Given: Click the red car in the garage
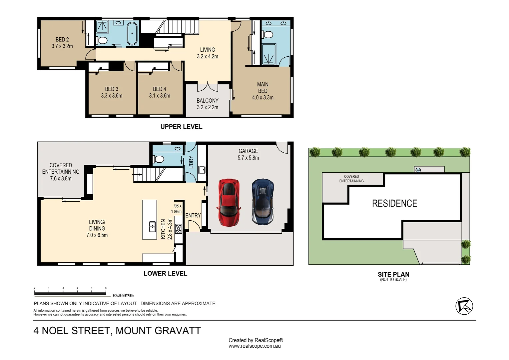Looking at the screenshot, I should tap(229, 203).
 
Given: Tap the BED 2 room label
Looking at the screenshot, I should tap(62, 40).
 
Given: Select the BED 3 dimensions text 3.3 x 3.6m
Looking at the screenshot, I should tap(112, 96).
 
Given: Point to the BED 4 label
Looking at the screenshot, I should tap(160, 89).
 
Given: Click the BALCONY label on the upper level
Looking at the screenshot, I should tap(208, 101).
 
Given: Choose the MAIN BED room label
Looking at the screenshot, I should tap(263, 88).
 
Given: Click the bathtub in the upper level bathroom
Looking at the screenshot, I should tap(132, 33).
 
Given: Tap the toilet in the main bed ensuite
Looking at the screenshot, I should tap(267, 35).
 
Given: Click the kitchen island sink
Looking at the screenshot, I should tap(152, 227).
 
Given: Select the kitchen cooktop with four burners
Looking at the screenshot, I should tap(179, 228).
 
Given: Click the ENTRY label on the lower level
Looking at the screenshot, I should tap(193, 216).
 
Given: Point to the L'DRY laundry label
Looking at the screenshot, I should tap(191, 162).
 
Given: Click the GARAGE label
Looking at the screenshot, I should tap(248, 151).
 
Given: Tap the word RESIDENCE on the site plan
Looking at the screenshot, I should tap(394, 203).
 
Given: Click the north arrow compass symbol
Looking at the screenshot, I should tap(464, 306).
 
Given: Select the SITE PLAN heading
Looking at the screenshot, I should tap(393, 274).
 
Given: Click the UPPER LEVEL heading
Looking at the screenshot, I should tap(181, 127).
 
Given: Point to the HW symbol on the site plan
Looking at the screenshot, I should tap(418, 170).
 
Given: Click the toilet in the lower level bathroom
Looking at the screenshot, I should tap(159, 159).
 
